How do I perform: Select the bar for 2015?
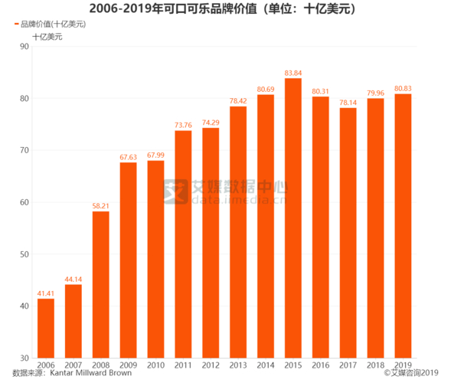click(x=293, y=218)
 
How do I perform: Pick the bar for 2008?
click(x=101, y=284)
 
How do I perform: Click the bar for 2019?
click(x=403, y=226)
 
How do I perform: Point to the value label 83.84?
click(x=293, y=74)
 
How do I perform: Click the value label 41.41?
click(x=46, y=293)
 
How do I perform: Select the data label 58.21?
click(x=101, y=206)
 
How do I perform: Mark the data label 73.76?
click(x=183, y=126)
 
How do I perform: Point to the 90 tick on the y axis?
click(x=25, y=47)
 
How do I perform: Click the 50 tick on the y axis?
click(x=25, y=254)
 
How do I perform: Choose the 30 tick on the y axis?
click(x=25, y=358)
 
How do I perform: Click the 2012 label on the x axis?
click(x=211, y=365)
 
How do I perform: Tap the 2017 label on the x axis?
click(x=348, y=365)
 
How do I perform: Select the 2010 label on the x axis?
click(x=155, y=365)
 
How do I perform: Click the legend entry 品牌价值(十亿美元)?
click(x=51, y=25)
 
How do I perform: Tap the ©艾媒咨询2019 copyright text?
click(x=413, y=375)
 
